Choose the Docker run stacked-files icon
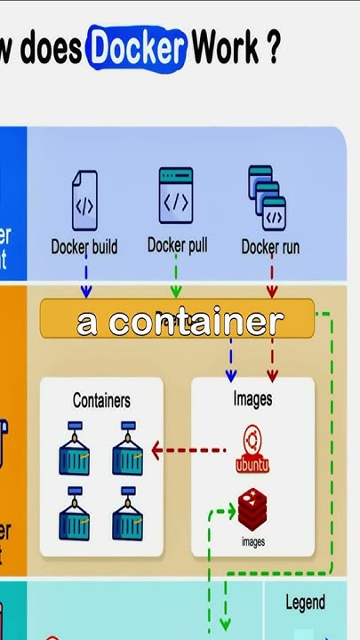coord(267,197)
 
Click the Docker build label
coord(84,247)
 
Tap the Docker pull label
coord(177,244)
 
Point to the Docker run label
coord(270,247)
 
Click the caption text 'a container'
coord(180,322)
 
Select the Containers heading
coord(101,400)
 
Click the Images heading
coord(252,399)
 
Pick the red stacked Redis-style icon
coord(252,509)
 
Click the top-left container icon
coord(76,449)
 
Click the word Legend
coord(305,603)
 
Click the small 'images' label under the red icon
coord(252,540)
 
